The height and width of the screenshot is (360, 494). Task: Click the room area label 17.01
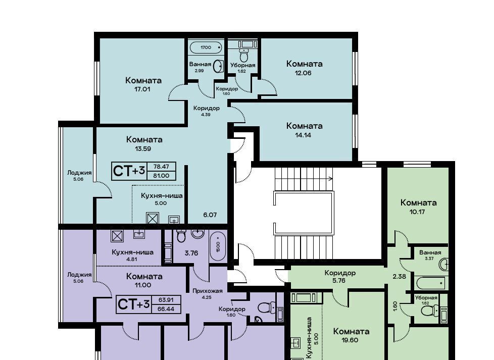[x=142, y=89]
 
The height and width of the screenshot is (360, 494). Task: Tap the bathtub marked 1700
[x=206, y=47]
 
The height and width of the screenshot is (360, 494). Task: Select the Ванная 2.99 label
[x=200, y=67]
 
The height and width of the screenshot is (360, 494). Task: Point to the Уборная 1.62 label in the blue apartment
[x=242, y=68]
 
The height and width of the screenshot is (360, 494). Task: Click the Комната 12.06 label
[x=304, y=68]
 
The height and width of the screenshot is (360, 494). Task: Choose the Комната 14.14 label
[x=304, y=130]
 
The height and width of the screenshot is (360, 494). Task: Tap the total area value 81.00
[x=161, y=176]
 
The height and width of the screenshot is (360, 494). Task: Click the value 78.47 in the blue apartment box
[x=161, y=167]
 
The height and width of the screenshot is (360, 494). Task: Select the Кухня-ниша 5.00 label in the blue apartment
[x=161, y=199]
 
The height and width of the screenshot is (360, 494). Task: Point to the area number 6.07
[x=210, y=215]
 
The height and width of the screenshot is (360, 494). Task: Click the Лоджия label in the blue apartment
[x=79, y=173]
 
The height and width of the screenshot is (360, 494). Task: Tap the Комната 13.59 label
[x=144, y=143]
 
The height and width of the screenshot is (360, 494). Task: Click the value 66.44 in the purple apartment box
[x=166, y=309]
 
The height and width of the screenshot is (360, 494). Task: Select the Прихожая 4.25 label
[x=207, y=293]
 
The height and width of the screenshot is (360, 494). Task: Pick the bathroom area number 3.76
[x=191, y=253]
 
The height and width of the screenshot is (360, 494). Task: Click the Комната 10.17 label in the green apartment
[x=418, y=207]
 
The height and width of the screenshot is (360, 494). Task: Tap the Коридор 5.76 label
[x=340, y=276]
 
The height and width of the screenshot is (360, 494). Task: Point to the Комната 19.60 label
[x=351, y=335]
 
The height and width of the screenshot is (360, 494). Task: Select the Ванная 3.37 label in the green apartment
[x=430, y=255]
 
